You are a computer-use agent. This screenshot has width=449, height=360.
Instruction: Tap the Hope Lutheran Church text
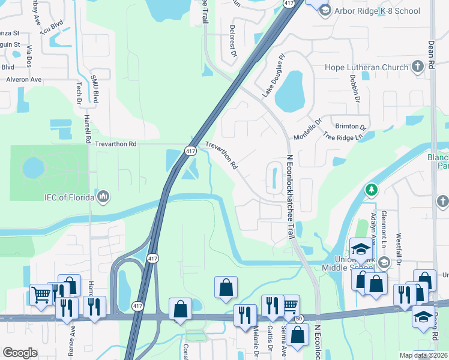click(x=366, y=67)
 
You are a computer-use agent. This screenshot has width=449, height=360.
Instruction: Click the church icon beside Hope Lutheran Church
click(x=419, y=67)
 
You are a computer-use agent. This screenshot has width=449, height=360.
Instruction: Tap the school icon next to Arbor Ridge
click(x=325, y=11)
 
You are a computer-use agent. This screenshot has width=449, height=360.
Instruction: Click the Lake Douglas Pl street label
click(x=272, y=79)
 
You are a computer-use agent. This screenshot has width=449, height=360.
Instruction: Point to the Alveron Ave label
click(x=24, y=79)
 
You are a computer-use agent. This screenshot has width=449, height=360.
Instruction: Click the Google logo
click(x=20, y=352)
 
